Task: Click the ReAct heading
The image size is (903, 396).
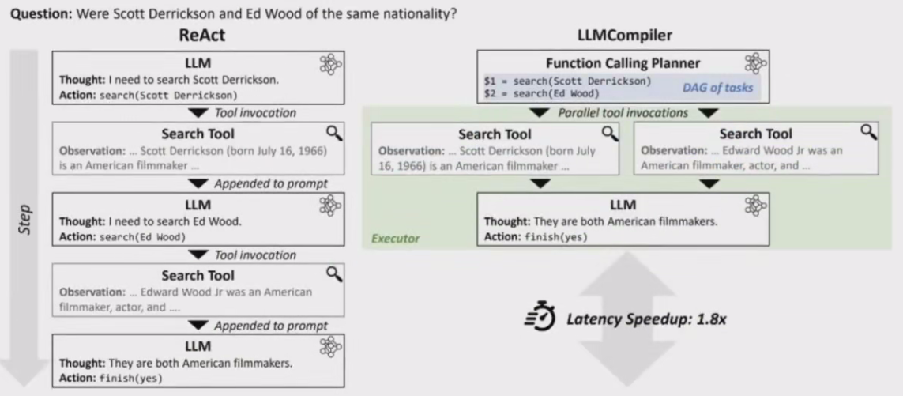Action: (x=198, y=36)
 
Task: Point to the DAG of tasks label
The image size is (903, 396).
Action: (x=717, y=88)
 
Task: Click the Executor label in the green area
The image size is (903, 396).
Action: (x=396, y=238)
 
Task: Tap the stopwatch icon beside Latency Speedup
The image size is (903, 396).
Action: (x=540, y=319)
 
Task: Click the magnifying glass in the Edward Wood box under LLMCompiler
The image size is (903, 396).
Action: (x=868, y=131)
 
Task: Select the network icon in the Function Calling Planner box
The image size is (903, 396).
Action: (x=755, y=64)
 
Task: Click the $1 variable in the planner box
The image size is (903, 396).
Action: (x=490, y=81)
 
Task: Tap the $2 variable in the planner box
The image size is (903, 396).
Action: (x=490, y=94)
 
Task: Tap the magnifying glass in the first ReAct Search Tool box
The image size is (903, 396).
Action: (x=334, y=132)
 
